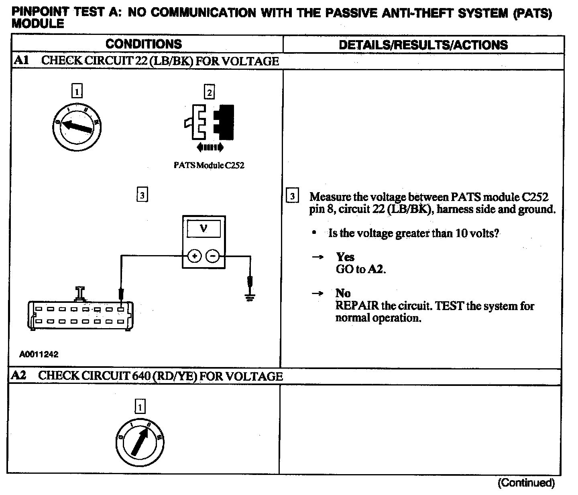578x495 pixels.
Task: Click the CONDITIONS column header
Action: click(x=144, y=44)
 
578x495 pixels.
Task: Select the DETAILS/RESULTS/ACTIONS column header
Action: click(x=423, y=45)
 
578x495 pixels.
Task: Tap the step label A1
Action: click(x=21, y=61)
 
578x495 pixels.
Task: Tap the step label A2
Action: click(x=19, y=375)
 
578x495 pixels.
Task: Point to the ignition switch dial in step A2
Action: click(x=140, y=442)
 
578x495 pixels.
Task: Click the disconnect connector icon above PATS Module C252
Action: click(x=209, y=122)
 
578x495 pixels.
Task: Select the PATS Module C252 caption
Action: click(x=209, y=165)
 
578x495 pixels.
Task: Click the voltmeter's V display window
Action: click(x=204, y=229)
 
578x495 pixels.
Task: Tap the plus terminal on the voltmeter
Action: click(x=194, y=256)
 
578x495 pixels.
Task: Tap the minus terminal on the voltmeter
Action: click(x=213, y=256)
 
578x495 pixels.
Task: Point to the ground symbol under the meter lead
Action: click(x=250, y=297)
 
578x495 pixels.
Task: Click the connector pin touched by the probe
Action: click(x=121, y=309)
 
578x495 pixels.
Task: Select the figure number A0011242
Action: click(x=39, y=354)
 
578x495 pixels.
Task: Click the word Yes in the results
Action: click(x=345, y=257)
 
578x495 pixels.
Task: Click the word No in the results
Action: click(x=343, y=293)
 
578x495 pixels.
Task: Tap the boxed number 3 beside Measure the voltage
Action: click(x=292, y=197)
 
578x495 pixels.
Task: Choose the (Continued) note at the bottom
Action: click(x=526, y=483)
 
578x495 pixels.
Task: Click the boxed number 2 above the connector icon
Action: click(x=209, y=93)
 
